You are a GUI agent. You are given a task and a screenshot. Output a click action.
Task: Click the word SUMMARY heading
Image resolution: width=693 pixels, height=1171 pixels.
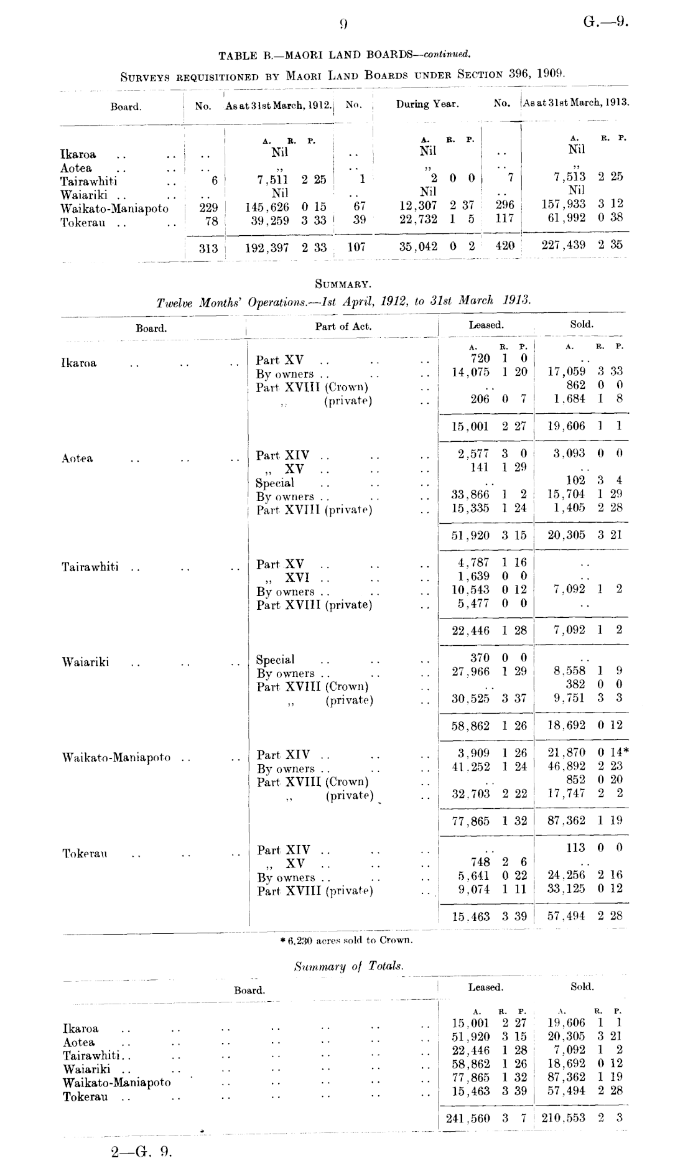pyautogui.click(x=343, y=284)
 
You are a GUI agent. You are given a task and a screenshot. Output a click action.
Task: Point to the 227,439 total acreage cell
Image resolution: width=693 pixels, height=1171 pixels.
pyautogui.click(x=563, y=245)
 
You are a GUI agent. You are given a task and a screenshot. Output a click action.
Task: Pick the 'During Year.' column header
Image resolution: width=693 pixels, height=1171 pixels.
pyautogui.click(x=427, y=105)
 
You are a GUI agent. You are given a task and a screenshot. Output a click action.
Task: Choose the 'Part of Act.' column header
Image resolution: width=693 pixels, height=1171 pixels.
pyautogui.click(x=343, y=326)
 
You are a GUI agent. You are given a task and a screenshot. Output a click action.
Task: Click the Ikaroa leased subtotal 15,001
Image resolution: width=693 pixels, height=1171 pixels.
pyautogui.click(x=471, y=427)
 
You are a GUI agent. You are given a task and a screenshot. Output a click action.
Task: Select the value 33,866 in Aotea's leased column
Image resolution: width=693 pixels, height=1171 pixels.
pyautogui.click(x=470, y=495)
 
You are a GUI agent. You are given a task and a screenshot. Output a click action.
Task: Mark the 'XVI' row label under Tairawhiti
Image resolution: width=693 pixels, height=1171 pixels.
pyautogui.click(x=297, y=578)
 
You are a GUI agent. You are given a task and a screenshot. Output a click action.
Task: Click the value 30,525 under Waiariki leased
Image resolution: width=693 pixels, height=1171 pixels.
pyautogui.click(x=470, y=699)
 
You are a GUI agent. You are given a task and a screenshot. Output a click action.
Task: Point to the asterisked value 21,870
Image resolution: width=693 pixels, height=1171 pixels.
pyautogui.click(x=567, y=753)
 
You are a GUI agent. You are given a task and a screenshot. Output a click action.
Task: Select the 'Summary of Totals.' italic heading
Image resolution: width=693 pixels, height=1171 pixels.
pyautogui.click(x=348, y=966)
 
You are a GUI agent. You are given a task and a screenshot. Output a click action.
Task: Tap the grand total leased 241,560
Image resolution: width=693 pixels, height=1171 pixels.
pyautogui.click(x=468, y=1118)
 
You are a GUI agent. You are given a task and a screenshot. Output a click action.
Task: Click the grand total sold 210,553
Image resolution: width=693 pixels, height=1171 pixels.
pyautogui.click(x=564, y=1118)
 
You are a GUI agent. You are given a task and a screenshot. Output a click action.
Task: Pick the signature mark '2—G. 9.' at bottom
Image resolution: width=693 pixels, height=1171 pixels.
pyautogui.click(x=141, y=1152)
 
